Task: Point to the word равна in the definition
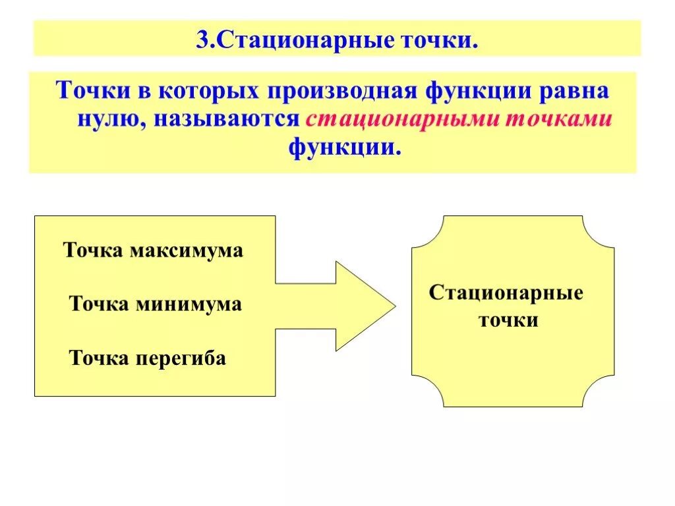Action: click(x=575, y=91)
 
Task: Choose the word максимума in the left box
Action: click(x=187, y=251)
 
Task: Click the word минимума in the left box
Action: click(x=189, y=304)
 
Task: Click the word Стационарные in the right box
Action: click(x=506, y=293)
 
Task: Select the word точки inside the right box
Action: click(x=508, y=322)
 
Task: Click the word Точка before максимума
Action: click(x=94, y=251)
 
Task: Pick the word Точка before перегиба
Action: click(x=100, y=359)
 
